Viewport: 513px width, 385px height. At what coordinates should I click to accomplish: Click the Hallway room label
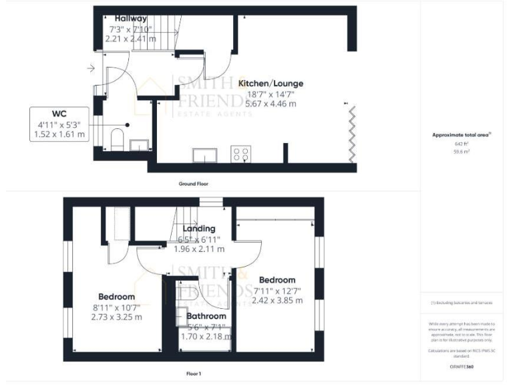pyautogui.click(x=130, y=18)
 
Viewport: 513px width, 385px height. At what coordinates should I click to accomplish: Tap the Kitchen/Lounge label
pyautogui.click(x=271, y=84)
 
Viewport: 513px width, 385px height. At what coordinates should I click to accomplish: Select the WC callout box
pyautogui.click(x=59, y=124)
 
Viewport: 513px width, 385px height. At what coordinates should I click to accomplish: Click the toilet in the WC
pyautogui.click(x=117, y=140)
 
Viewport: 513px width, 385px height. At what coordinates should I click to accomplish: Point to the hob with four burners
pyautogui.click(x=240, y=154)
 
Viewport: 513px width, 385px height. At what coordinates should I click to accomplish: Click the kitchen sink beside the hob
pyautogui.click(x=203, y=156)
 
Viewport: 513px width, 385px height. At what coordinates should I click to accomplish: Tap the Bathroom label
pyautogui.click(x=206, y=316)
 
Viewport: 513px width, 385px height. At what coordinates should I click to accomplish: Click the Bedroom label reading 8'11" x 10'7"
pyautogui.click(x=117, y=296)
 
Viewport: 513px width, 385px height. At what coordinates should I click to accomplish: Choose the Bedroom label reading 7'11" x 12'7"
pyautogui.click(x=277, y=280)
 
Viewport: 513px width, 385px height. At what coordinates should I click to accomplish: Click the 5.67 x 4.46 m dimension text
pyautogui.click(x=271, y=104)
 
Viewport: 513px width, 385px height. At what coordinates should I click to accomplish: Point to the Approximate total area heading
pyautogui.click(x=461, y=135)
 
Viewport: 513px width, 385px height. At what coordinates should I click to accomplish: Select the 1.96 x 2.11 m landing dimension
pyautogui.click(x=198, y=249)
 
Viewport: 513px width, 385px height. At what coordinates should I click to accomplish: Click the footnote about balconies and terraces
pyautogui.click(x=462, y=303)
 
